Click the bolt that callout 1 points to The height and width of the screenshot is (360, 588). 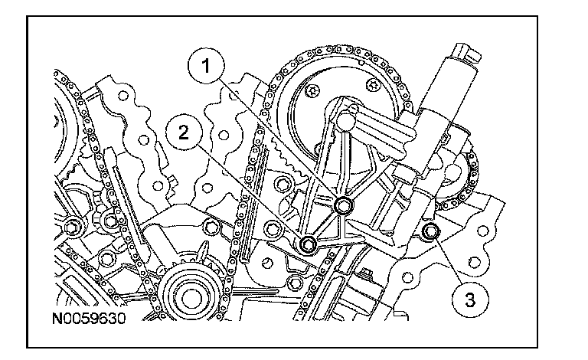(x=345, y=205)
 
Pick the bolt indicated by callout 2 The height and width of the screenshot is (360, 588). (x=309, y=244)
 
